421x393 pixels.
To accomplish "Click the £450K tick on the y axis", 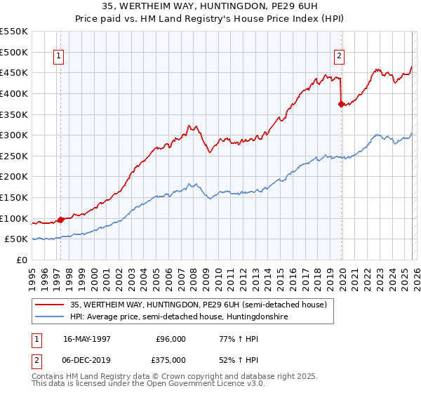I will tap(14, 73).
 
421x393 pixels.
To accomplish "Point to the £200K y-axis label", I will tap(14, 177).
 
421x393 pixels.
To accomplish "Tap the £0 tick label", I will tap(21, 260).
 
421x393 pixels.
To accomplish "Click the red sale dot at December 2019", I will tap(342, 105).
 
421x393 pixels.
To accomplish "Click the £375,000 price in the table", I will tap(171, 359).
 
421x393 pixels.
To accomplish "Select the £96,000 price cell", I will tap(171, 338).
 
